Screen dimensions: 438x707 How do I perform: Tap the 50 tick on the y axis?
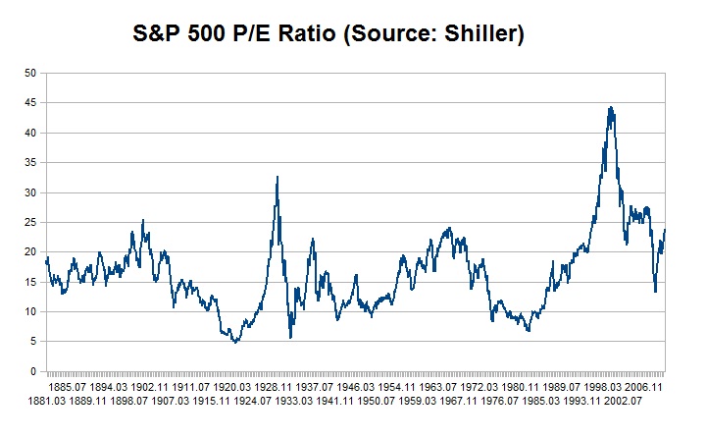(30, 73)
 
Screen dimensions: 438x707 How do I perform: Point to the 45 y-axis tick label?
(30, 102)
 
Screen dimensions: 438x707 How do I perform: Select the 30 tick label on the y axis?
(30, 192)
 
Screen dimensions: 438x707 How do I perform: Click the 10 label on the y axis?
(30, 312)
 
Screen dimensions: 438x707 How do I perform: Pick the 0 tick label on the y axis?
(33, 372)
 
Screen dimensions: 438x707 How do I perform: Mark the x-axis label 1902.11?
(161, 387)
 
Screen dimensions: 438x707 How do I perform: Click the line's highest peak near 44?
(611, 108)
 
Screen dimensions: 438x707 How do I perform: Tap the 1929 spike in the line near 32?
(278, 178)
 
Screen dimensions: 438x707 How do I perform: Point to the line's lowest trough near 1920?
(235, 342)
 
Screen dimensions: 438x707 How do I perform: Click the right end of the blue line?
(665, 230)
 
